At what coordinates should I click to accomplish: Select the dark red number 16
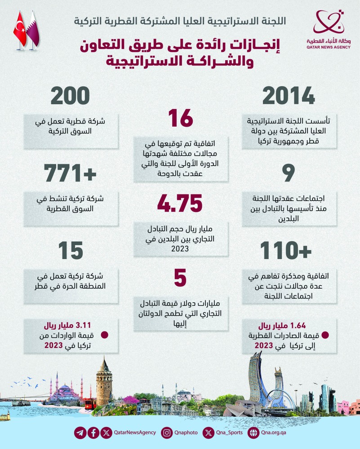(180, 119)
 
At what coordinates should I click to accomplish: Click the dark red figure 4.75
(180, 203)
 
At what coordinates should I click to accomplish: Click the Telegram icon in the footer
(80, 433)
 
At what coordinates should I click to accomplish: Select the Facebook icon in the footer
(93, 433)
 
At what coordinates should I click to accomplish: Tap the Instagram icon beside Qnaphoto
(167, 433)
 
